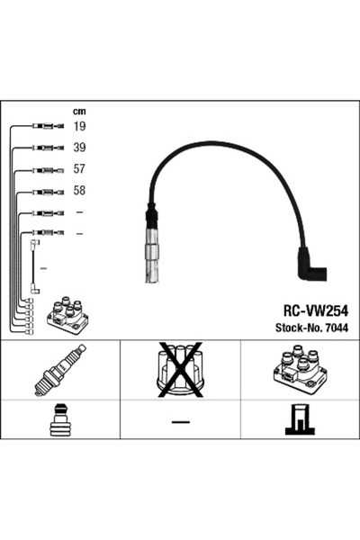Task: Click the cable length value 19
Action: coord(80,127)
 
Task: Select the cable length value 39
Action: coord(80,148)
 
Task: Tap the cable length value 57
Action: coord(80,169)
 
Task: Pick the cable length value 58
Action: coord(80,191)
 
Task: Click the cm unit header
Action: coord(79,112)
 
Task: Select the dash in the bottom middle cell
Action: coord(180,422)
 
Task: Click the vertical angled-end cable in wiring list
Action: coord(34,266)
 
